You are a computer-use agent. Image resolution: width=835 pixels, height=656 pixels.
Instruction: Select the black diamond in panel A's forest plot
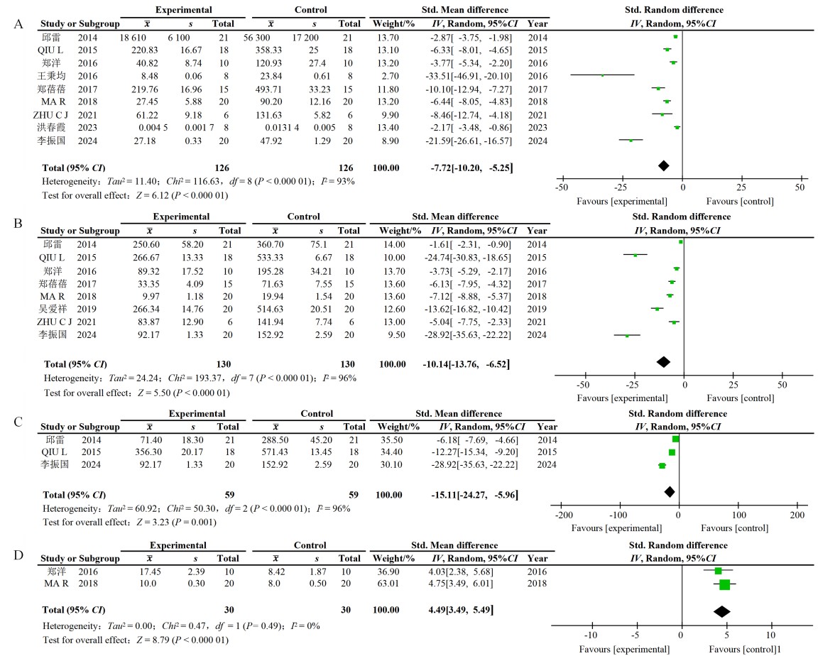[x=663, y=165]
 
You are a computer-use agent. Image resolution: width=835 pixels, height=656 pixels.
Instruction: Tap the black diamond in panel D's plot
[x=722, y=611]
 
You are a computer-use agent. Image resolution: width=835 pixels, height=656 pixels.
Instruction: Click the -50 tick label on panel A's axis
[x=561, y=189]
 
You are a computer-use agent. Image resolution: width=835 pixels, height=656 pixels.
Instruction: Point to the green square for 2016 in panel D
[x=718, y=571]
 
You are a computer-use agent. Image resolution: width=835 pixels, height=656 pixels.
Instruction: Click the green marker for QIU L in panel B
[x=635, y=255]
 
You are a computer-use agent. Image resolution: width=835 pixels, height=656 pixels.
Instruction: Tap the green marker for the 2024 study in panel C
[x=662, y=466]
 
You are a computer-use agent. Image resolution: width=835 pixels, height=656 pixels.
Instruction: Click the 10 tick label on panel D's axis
[x=770, y=635]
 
